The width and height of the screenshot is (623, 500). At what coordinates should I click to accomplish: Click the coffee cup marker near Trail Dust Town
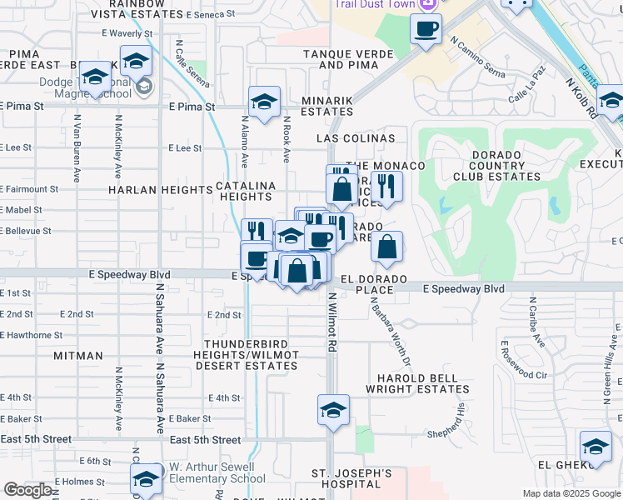pyautogui.click(x=426, y=30)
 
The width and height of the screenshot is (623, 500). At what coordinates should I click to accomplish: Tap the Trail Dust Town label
pyautogui.click(x=376, y=4)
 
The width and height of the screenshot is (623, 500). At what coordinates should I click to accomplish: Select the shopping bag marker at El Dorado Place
pyautogui.click(x=386, y=247)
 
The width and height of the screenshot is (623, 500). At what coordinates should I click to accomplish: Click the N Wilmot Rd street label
pyautogui.click(x=331, y=322)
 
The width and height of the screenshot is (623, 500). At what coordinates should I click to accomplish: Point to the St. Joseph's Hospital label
pyautogui.click(x=351, y=478)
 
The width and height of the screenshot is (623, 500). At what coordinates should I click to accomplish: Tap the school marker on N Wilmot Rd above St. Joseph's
pyautogui.click(x=333, y=411)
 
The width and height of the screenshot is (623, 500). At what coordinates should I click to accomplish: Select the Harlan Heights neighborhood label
pyautogui.click(x=161, y=190)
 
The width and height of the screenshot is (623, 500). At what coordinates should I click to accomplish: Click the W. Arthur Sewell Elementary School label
pyautogui.click(x=217, y=472)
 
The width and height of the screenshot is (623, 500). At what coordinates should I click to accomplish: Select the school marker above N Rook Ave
pyautogui.click(x=264, y=102)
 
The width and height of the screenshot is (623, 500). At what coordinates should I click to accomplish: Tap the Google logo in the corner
pyautogui.click(x=27, y=490)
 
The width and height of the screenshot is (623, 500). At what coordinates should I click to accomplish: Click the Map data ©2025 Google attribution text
pyautogui.click(x=571, y=493)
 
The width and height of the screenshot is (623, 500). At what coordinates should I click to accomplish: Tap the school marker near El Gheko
pyautogui.click(x=596, y=447)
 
